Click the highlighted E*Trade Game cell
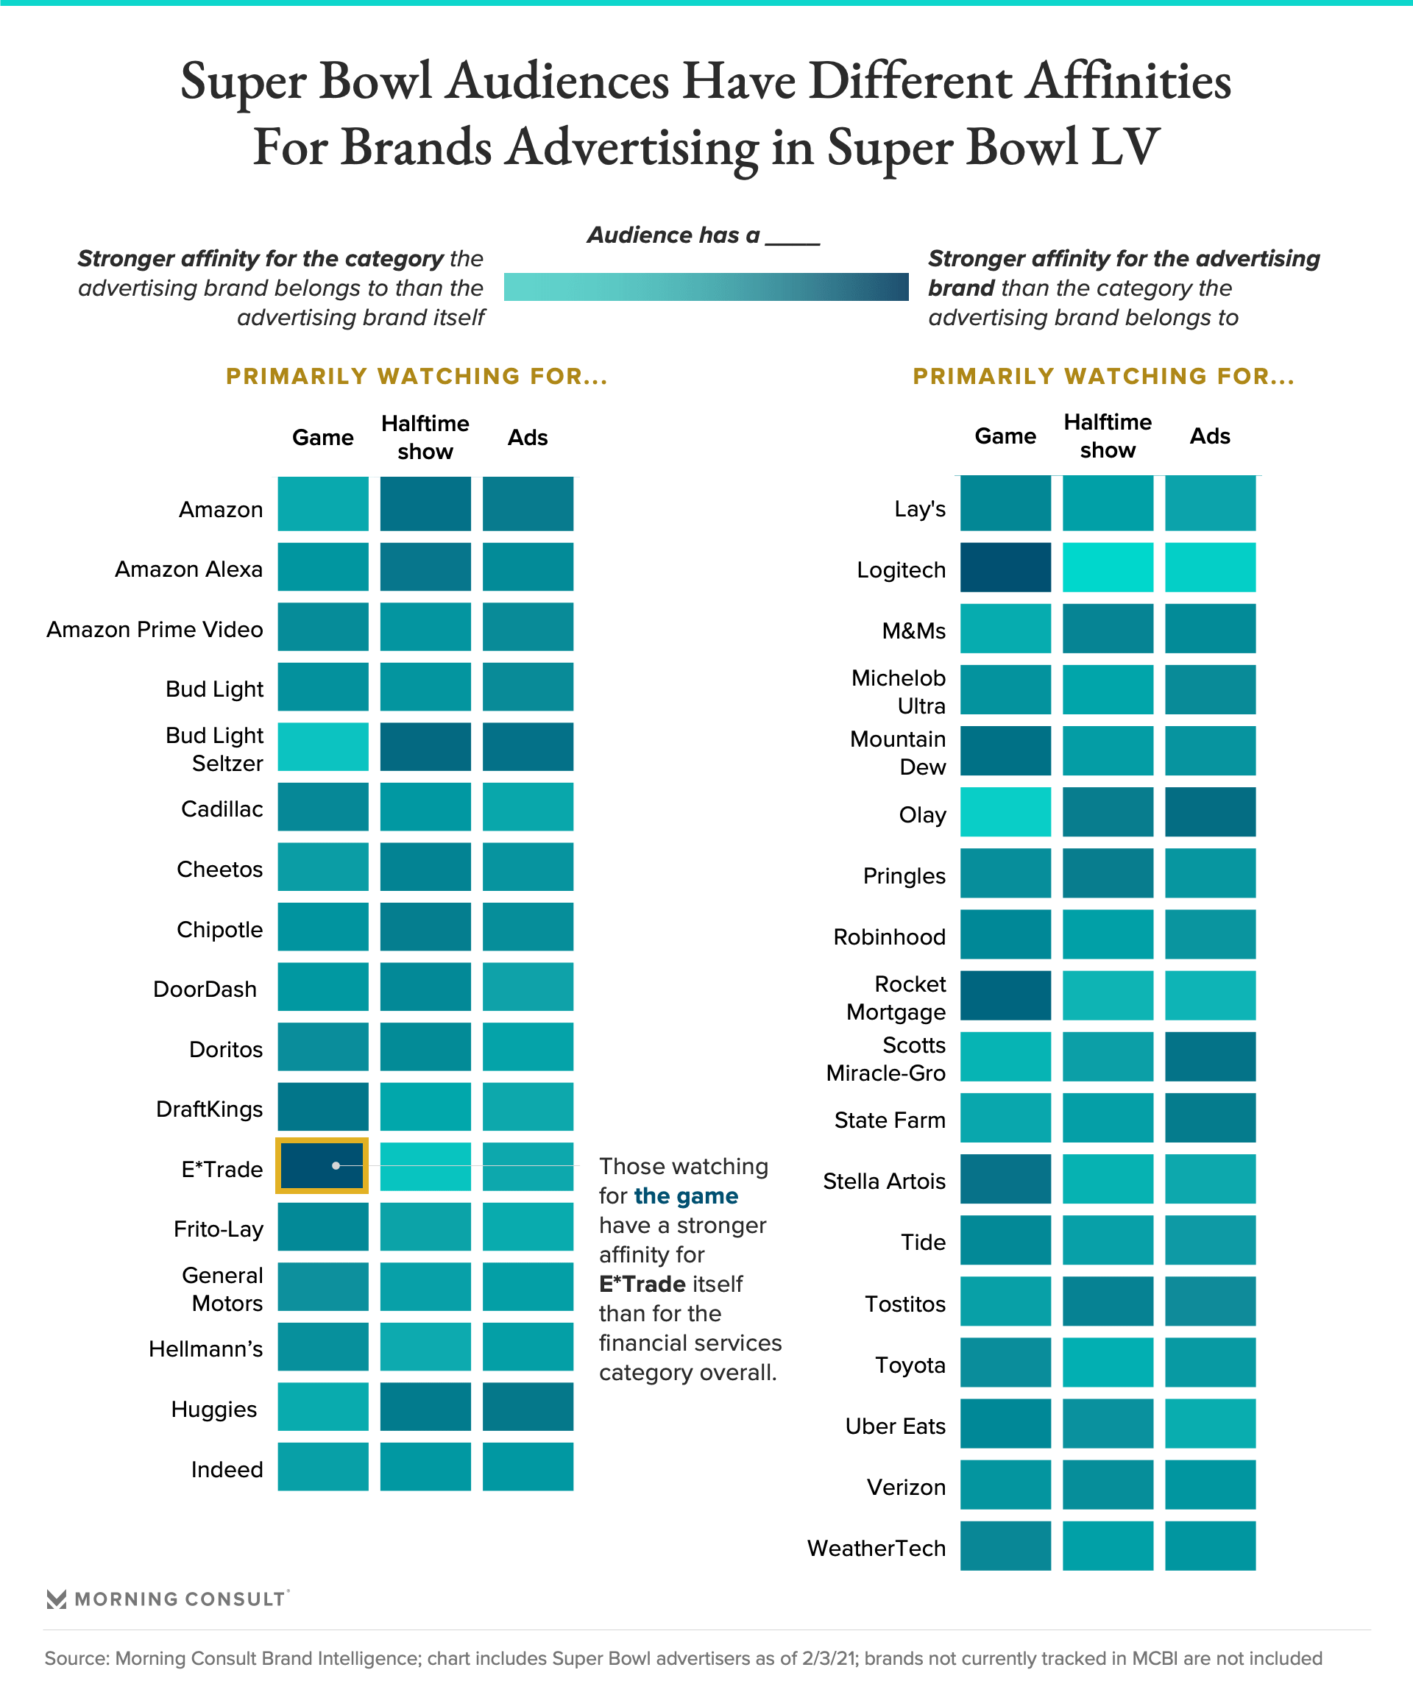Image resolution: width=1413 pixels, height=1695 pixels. [x=322, y=1165]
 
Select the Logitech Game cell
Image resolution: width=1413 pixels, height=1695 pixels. [x=1005, y=567]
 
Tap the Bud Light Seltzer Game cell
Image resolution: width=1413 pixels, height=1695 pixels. [x=323, y=747]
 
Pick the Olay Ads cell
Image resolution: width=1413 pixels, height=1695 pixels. [x=1210, y=812]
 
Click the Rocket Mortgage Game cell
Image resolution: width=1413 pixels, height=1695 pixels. [x=1005, y=995]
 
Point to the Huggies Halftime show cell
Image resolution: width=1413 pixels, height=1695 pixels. [x=425, y=1407]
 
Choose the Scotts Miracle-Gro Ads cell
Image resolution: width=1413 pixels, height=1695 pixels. [x=1210, y=1056]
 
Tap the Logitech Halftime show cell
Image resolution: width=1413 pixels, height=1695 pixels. [x=1108, y=567]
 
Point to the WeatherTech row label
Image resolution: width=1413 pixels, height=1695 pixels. [x=876, y=1548]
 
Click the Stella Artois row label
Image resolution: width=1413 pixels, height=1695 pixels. [x=883, y=1181]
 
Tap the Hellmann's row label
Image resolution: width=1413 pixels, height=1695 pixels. [x=205, y=1348]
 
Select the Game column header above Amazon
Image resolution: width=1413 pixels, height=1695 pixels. [x=323, y=438]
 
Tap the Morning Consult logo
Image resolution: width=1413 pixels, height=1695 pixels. [x=167, y=1599]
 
